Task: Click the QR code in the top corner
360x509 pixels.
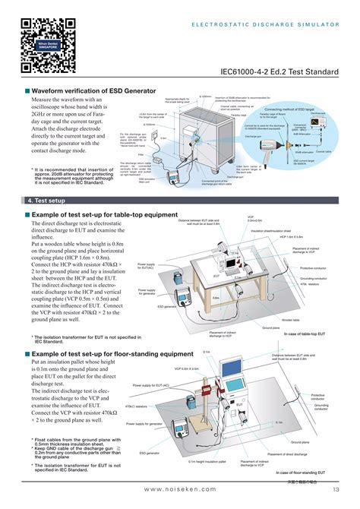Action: point(39,40)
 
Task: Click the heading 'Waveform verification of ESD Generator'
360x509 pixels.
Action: point(90,90)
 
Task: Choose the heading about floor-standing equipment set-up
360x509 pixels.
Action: point(112,354)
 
